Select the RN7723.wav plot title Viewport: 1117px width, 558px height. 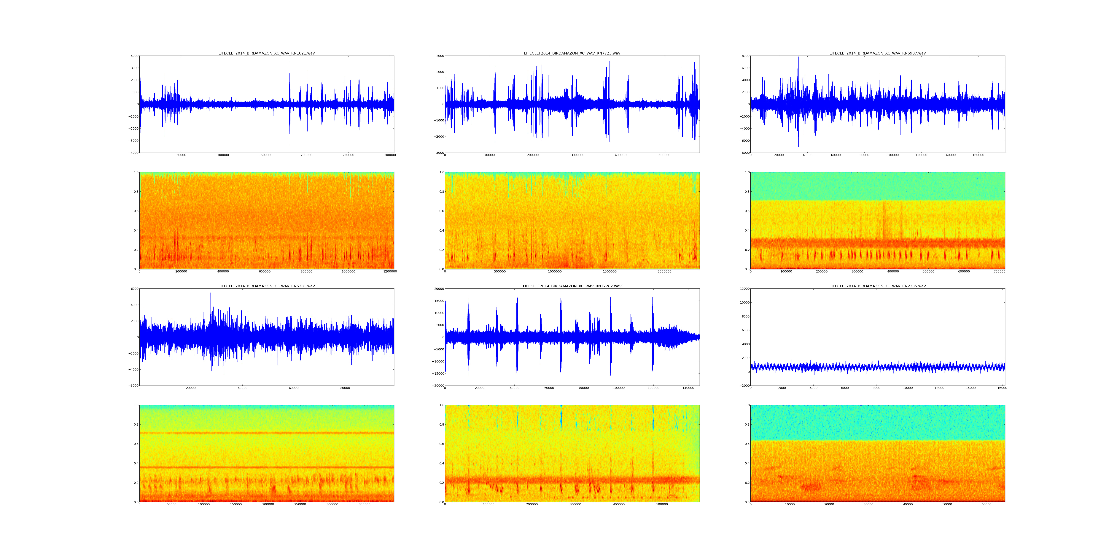[x=572, y=53]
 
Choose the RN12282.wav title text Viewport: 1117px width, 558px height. [x=572, y=286]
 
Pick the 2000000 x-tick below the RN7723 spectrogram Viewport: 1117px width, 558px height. [x=664, y=272]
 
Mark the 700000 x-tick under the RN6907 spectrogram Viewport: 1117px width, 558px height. [x=1000, y=272]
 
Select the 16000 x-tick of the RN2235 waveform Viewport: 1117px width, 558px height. [x=1002, y=388]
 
